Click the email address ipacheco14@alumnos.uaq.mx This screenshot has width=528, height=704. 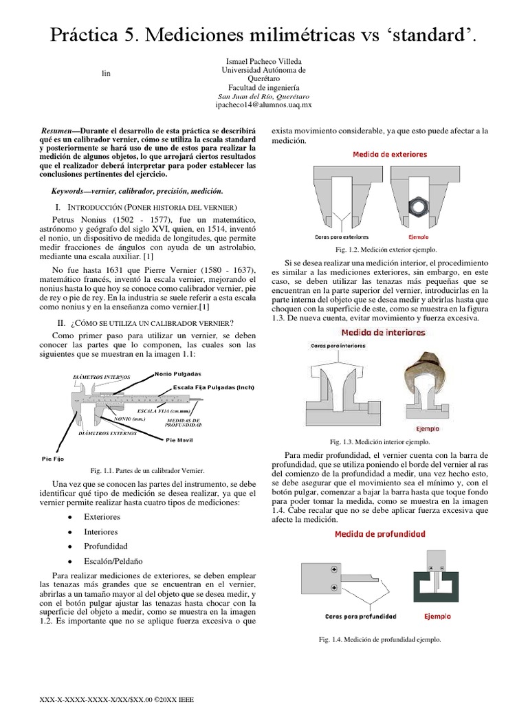point(263,106)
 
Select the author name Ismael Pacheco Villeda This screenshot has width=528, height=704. point(263,61)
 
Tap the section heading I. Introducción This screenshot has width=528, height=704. point(146,207)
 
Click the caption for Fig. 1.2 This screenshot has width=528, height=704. point(386,250)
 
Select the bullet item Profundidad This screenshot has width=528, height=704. point(101,545)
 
